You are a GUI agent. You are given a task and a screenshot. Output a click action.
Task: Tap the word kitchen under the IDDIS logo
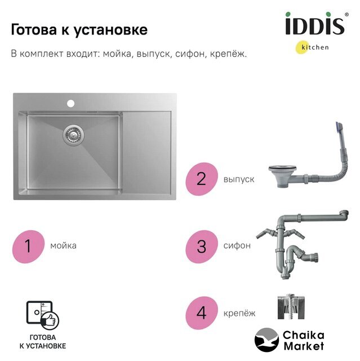315,47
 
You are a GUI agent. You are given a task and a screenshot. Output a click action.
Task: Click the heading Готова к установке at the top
79,30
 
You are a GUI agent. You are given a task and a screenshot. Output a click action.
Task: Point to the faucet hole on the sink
71,104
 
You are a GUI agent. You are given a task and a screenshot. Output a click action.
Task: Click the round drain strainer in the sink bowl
73,135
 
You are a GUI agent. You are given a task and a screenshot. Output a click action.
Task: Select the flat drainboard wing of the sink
146,152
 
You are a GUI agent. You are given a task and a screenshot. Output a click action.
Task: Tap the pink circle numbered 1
28,246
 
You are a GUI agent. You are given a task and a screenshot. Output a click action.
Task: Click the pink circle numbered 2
202,179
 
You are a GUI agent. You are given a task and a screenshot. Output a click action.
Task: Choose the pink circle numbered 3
202,246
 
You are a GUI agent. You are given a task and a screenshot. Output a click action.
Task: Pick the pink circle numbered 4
202,313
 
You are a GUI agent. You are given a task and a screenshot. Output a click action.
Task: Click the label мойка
63,246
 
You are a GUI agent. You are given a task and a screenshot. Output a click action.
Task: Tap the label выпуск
239,179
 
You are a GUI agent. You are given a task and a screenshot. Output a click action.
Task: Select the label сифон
237,246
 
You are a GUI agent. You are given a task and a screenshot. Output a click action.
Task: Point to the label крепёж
239,313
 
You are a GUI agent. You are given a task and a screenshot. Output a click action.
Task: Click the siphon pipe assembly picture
302,244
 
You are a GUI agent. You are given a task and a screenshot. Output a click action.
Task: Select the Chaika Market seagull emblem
266,340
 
